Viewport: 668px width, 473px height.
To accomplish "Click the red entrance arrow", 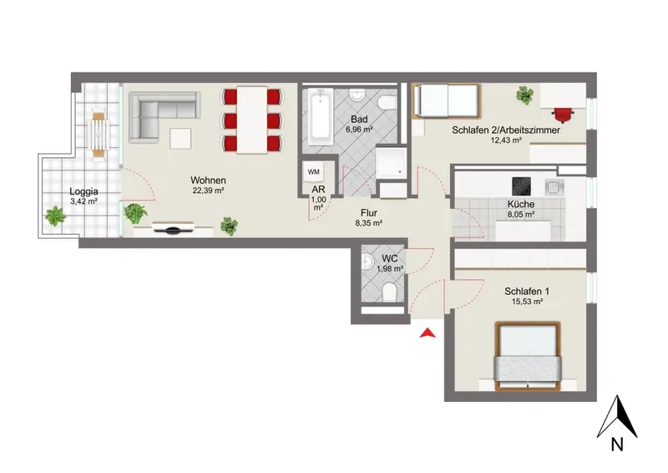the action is [x=428, y=333].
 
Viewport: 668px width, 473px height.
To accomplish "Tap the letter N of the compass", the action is [x=617, y=445].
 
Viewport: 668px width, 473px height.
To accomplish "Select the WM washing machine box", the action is [x=314, y=172].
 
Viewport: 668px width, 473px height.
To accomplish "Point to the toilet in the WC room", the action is [x=389, y=292].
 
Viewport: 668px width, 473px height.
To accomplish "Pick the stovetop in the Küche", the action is [x=521, y=186].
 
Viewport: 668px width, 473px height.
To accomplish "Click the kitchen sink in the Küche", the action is [x=554, y=186].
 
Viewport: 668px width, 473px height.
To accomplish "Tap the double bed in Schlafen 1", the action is [x=528, y=356].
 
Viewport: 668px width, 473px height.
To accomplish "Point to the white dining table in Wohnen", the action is [x=252, y=120].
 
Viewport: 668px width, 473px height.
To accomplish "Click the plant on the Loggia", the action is [x=55, y=216].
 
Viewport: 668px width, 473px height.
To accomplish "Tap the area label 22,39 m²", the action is [x=208, y=191].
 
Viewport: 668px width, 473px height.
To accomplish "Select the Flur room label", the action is [x=369, y=213].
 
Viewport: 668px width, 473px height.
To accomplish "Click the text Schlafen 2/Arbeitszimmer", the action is [x=506, y=130].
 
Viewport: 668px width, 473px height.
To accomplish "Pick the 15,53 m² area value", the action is [x=527, y=302].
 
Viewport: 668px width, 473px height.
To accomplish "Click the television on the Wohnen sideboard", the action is [x=173, y=228].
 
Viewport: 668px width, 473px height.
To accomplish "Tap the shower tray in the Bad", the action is [x=391, y=161].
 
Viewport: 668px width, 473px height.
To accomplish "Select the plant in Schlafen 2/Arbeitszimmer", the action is [x=525, y=94].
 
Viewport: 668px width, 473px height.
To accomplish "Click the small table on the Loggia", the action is [x=99, y=135].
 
